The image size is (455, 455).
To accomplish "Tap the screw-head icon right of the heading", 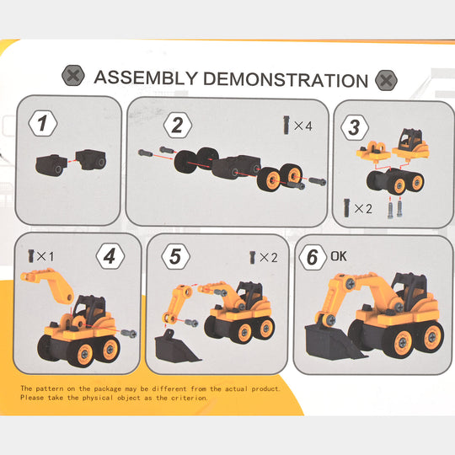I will point(386,80).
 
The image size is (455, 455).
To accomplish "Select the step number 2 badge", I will point(176,126).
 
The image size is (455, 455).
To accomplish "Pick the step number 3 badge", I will point(355,128).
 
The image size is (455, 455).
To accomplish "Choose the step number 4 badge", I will point(110,255).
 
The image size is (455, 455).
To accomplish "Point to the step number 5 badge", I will point(174,257).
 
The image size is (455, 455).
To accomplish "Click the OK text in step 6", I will point(338,254).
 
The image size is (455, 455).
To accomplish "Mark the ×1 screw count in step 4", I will point(39,253).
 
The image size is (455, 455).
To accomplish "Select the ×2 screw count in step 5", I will point(263,257).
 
